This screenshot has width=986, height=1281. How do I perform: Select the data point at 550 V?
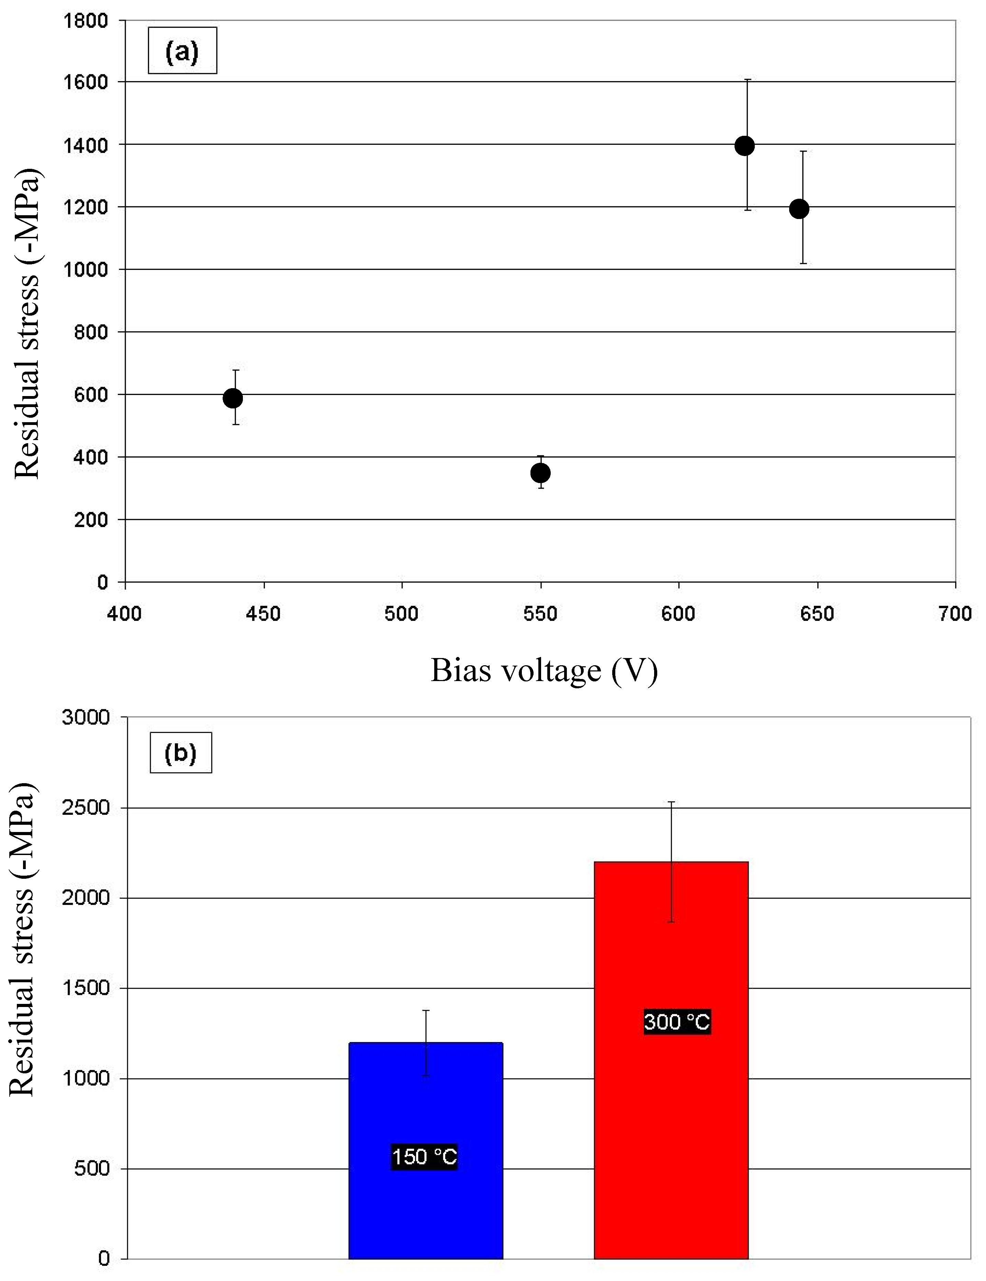[540, 473]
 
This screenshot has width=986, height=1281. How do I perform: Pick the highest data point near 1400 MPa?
[744, 145]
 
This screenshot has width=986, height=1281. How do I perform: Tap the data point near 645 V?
[799, 208]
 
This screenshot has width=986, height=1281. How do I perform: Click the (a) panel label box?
[182, 51]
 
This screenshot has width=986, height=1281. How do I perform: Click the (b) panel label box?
[181, 753]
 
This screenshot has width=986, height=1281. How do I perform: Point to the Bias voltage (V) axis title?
[544, 670]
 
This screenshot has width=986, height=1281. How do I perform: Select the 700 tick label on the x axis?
[955, 614]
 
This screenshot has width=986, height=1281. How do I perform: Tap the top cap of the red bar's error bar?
[672, 802]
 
